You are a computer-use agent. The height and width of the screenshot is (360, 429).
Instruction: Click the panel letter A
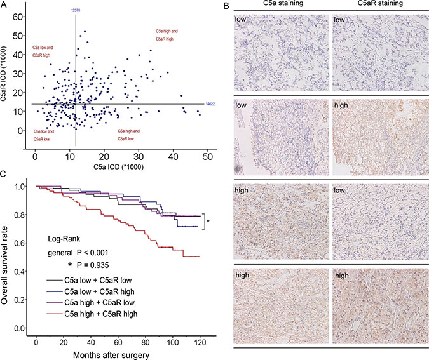tap(5, 4)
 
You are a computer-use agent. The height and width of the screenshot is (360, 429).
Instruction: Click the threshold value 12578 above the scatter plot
tap(76, 10)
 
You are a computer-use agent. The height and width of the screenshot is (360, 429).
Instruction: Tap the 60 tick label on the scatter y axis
tap(23, 15)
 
